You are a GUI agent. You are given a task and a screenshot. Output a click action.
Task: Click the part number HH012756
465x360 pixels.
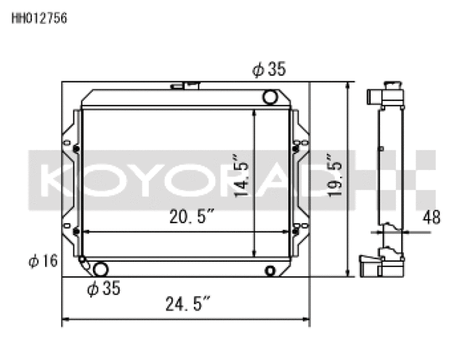pos(39,20)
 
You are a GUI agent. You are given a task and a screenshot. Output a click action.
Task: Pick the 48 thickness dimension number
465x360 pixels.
pos(432,216)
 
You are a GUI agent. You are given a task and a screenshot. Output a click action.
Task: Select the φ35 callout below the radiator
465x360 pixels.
pos(102,289)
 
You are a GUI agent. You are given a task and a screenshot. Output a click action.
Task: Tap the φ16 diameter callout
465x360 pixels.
pos(43,260)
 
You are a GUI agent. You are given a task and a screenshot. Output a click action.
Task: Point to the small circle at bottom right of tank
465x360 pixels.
pos(270,271)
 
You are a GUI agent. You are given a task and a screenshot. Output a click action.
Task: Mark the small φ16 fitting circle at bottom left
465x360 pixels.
pos(82,259)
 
